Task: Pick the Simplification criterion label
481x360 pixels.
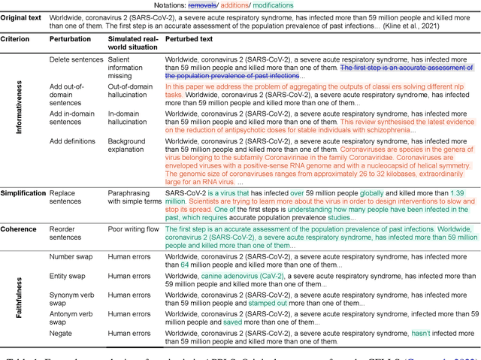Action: tap(23, 193)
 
